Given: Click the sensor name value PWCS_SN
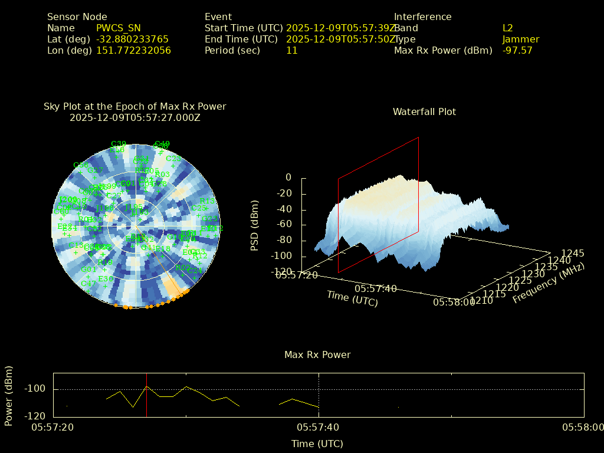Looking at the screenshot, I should click(119, 28).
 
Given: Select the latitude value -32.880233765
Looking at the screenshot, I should click(132, 40).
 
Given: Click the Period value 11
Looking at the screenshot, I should click(291, 51).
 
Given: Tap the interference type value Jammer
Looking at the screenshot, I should click(521, 40).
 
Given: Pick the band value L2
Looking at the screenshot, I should click(508, 28).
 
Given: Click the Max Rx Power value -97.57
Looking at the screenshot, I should click(517, 51).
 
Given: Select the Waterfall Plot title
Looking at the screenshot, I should click(424, 112).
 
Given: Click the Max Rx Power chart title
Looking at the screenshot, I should click(317, 355).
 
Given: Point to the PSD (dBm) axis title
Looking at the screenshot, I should click(255, 225).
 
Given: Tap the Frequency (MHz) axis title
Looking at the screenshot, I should click(548, 284).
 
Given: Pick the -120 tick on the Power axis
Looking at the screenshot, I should click(36, 416).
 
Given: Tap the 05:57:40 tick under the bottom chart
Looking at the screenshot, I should click(319, 427).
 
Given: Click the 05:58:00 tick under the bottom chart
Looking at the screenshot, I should click(583, 427).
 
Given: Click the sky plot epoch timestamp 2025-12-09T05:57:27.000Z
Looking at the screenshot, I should click(135, 118).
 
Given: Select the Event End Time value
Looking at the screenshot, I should click(341, 40).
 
